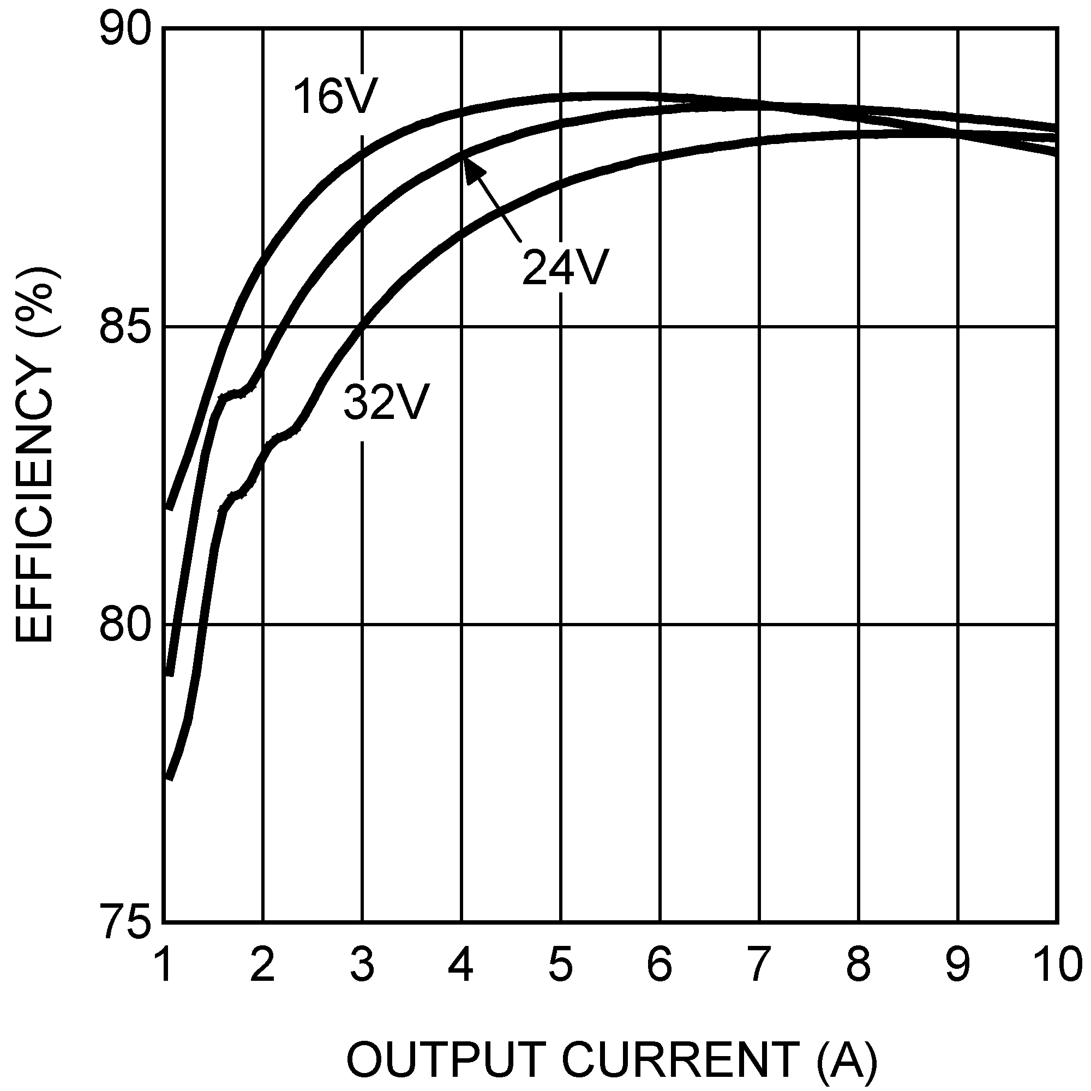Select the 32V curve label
pyautogui.click(x=387, y=403)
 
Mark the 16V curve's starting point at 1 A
pyautogui.click(x=168, y=508)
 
